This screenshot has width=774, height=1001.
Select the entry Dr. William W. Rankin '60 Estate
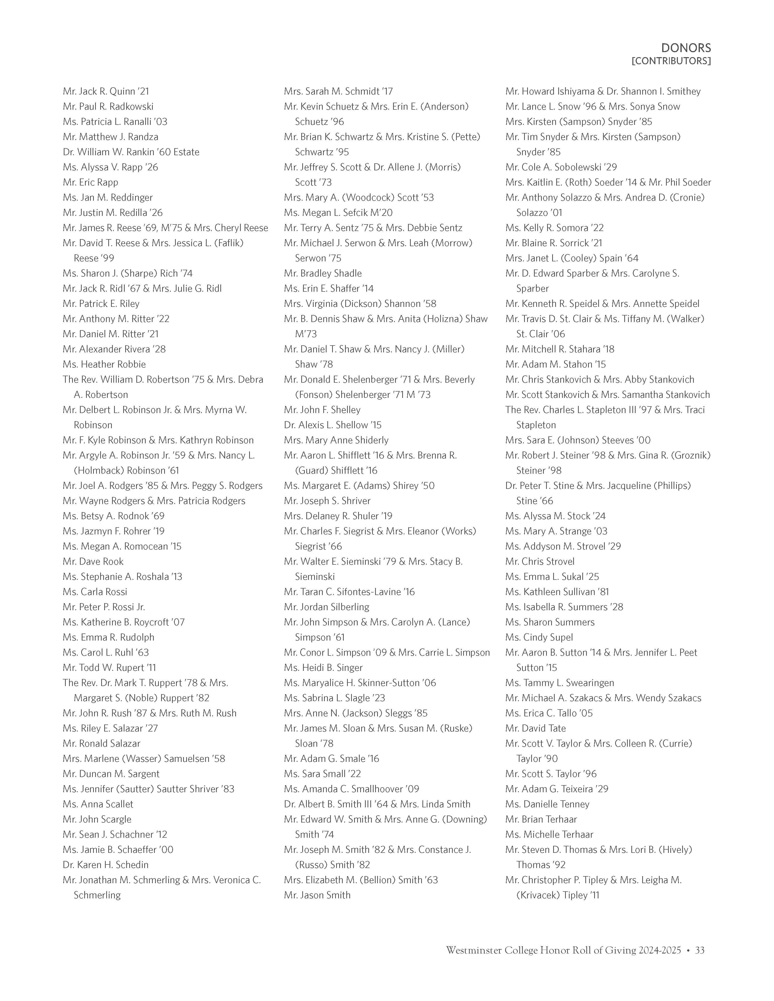click(131, 152)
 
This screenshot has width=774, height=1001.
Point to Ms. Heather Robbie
click(104, 364)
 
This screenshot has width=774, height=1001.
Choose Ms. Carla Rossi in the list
click(95, 592)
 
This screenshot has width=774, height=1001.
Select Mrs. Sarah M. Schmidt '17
click(338, 91)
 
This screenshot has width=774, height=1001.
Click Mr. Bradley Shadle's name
click(323, 273)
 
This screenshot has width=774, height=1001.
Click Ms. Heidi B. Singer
click(323, 668)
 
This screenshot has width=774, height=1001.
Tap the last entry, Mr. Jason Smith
click(317, 895)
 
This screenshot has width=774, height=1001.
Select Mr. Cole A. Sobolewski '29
click(561, 167)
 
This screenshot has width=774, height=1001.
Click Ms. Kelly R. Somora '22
click(554, 228)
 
